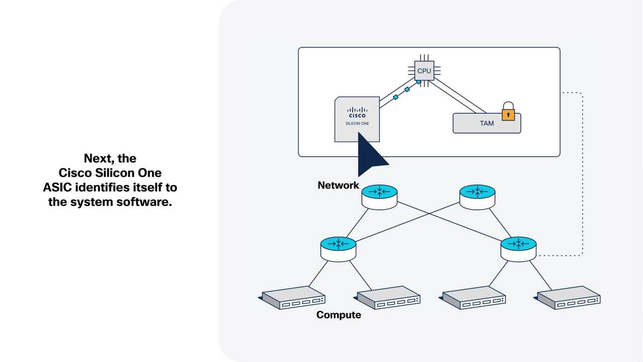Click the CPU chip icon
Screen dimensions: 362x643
424,71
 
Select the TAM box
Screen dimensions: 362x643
486,123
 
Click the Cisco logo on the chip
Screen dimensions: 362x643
357,112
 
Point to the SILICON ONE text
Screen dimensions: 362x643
357,123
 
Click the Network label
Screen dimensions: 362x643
338,186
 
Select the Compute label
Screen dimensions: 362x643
339,315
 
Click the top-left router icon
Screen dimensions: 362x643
379,197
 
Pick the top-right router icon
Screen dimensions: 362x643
477,197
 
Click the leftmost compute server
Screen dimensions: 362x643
292,298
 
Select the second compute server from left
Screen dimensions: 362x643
389,298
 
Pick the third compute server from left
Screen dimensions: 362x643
473,298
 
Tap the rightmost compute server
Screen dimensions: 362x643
568,298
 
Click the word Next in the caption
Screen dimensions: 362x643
99,158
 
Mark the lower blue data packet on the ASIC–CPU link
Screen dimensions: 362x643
395,97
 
